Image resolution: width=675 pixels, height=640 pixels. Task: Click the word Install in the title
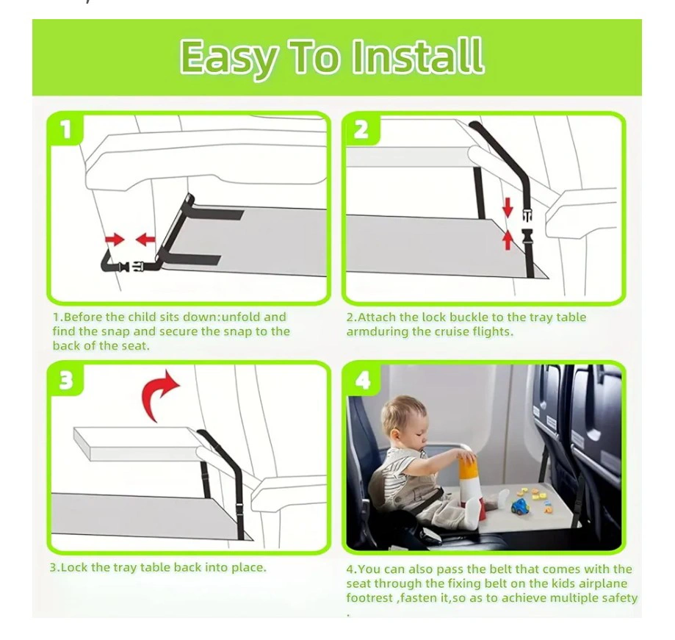418,56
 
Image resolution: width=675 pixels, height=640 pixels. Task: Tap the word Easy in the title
228,59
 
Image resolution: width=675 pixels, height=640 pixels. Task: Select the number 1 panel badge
66,129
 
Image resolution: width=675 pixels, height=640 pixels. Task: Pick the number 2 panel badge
361,129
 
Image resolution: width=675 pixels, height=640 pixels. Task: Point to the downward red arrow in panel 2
508,206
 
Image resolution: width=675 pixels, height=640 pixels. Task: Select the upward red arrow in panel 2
508,240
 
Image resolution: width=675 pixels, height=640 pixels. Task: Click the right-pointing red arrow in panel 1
115,240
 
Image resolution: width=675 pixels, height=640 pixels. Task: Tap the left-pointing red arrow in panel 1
145,240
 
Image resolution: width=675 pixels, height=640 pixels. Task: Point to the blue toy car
521,506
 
